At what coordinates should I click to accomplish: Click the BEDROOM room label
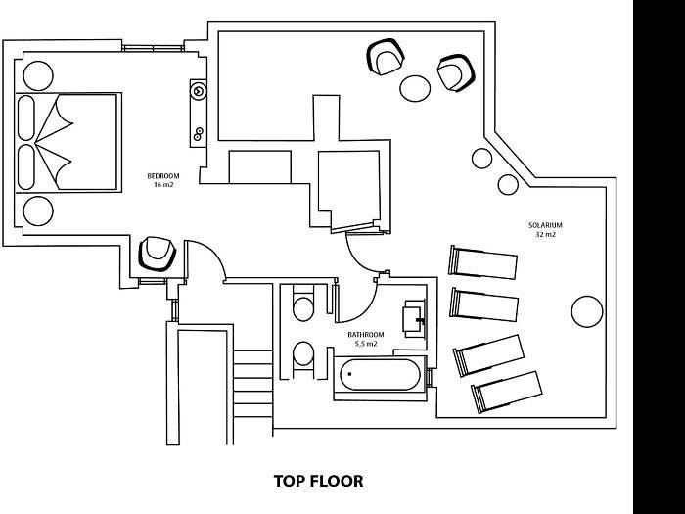point(163,176)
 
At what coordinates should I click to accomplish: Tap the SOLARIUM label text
point(545,225)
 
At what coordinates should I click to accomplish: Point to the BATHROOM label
point(366,335)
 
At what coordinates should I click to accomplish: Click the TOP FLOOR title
point(318,481)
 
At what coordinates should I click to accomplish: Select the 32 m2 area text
point(546,234)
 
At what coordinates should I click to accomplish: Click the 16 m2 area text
point(163,185)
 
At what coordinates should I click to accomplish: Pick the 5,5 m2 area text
point(366,344)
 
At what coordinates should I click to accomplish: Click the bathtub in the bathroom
point(380,375)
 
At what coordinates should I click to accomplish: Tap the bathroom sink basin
point(414,318)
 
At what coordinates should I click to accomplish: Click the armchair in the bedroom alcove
point(157,254)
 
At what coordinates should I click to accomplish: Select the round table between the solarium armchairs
point(415,89)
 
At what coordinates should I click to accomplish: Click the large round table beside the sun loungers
point(587,311)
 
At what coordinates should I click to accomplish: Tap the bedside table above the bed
point(38,76)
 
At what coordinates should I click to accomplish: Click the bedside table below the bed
point(38,211)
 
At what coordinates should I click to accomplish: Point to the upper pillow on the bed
point(26,117)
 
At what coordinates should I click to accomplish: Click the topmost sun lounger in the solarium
point(482,261)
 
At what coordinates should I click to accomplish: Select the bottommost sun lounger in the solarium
point(506,392)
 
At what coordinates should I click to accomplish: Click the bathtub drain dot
point(350,374)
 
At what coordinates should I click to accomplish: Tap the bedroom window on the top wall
point(153,48)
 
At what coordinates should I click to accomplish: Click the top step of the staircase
point(252,357)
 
